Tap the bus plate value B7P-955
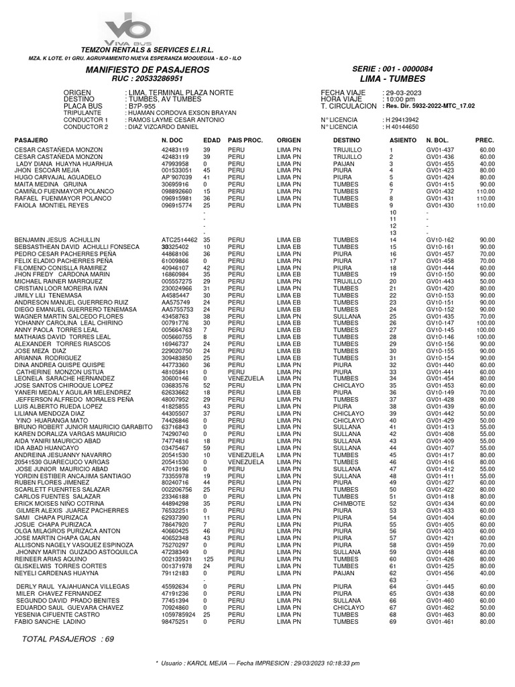[141, 106]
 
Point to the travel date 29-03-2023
[402, 92]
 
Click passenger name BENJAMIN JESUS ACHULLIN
[57, 240]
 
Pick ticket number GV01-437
[440, 150]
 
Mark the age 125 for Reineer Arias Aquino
[208, 559]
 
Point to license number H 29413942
[401, 119]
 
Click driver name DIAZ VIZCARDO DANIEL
[163, 127]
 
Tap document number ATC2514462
[180, 240]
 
